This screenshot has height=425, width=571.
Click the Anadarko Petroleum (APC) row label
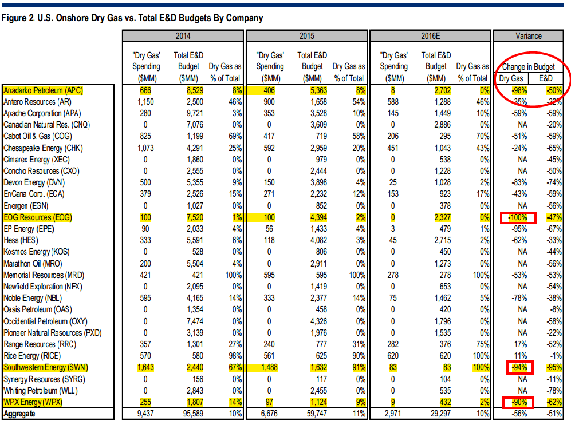44,90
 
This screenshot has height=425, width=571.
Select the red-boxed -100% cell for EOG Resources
518,217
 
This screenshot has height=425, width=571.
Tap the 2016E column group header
430,36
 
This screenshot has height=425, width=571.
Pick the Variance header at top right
529,36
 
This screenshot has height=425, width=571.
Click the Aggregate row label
19,414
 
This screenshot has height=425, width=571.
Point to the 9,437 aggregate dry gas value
145,414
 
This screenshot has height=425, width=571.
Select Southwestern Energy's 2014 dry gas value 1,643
145,368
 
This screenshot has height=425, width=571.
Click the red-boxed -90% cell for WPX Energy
518,403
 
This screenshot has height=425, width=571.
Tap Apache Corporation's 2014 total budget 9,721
195,113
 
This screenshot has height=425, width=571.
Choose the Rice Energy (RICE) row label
32,356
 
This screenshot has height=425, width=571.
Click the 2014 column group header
183,36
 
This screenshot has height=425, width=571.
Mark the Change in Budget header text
529,67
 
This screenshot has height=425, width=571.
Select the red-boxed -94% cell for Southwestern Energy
519,368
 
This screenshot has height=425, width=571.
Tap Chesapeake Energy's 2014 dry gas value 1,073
145,148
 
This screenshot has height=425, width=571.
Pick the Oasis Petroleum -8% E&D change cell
556,310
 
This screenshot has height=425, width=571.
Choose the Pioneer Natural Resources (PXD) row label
53,333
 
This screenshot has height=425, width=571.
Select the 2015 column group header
306,36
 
